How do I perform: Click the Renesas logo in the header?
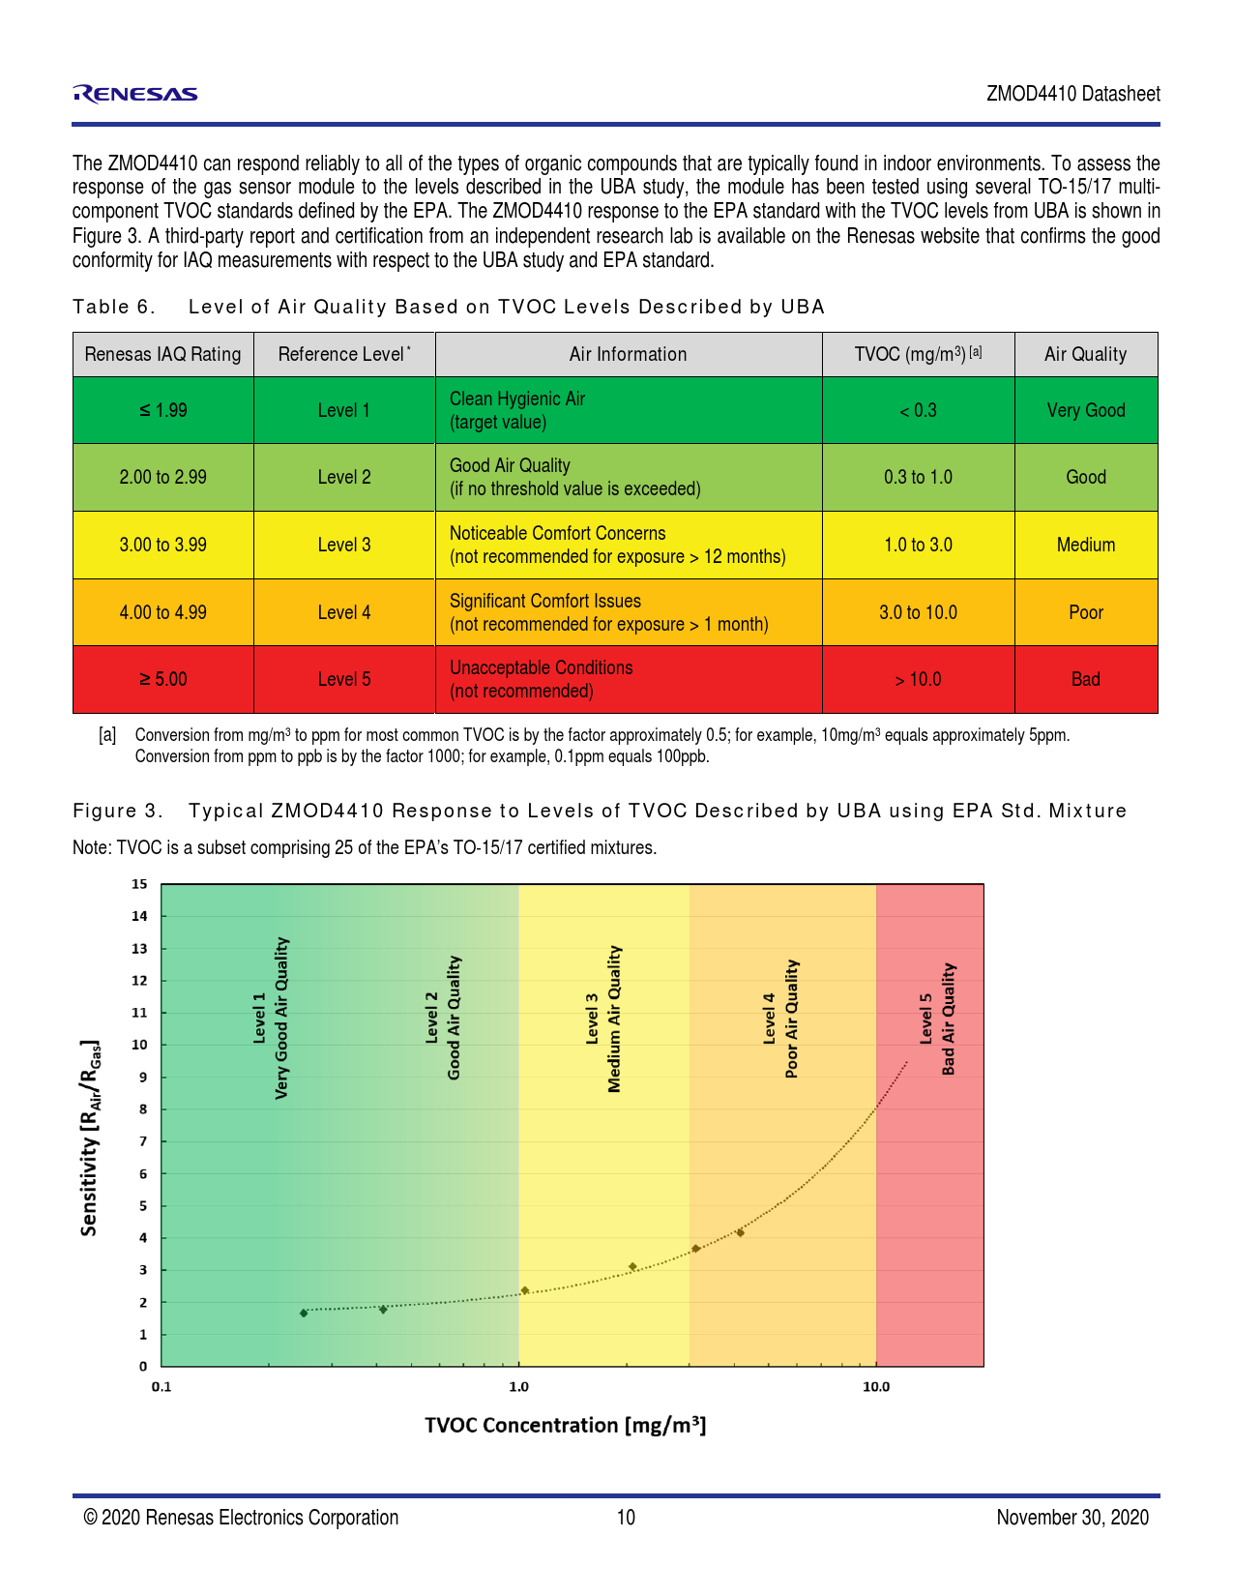coord(135,94)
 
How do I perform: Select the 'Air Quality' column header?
coord(1085,354)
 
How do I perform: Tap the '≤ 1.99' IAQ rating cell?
coord(162,410)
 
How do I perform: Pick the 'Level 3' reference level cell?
coord(344,545)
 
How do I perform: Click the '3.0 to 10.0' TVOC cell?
coord(918,612)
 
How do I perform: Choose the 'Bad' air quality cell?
coord(1085,679)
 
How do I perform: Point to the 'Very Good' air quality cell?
coord(1085,410)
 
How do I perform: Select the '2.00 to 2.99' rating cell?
coord(162,477)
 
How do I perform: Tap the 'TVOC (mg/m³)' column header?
coord(918,354)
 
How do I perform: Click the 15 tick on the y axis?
coord(140,884)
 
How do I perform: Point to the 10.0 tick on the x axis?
coord(876,1387)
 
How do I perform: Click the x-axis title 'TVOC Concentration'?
coord(566,1425)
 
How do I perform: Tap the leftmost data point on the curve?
coord(304,1313)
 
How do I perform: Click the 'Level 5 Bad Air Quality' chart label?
coord(937,1019)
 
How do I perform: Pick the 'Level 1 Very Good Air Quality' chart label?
coord(271,1019)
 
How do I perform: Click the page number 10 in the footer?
coord(627,1517)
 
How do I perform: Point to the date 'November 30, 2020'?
coord(1072,1517)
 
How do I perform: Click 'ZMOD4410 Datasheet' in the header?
coord(1073,94)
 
